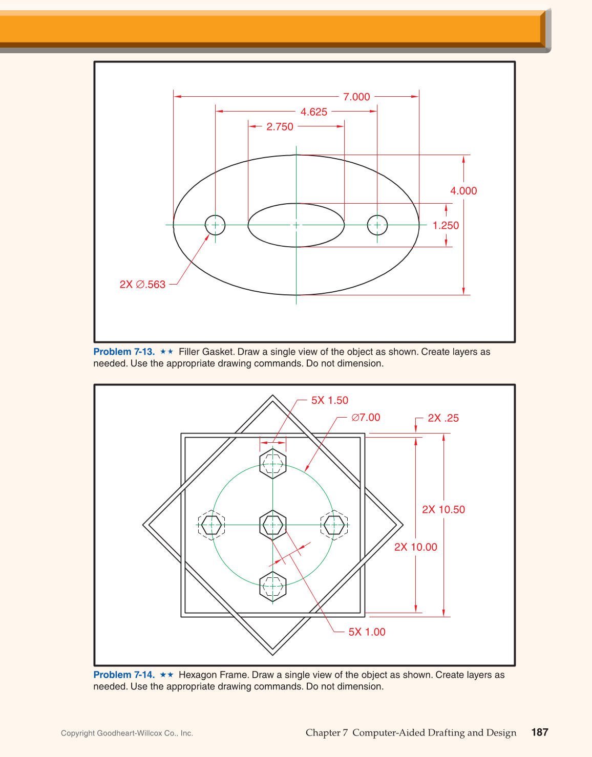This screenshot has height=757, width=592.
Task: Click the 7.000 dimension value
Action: [356, 97]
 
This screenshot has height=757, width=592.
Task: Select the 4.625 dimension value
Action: [313, 112]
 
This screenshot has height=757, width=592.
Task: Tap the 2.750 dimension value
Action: [280, 126]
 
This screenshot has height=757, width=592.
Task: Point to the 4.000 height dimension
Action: [463, 191]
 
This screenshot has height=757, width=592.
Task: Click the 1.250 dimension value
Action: [446, 226]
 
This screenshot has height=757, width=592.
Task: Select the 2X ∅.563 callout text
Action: [142, 285]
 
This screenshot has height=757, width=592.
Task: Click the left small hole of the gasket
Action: [215, 225]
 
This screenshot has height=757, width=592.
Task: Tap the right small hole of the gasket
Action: [377, 225]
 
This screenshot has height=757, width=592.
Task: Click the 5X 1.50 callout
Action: [329, 400]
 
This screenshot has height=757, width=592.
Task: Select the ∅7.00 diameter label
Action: [366, 418]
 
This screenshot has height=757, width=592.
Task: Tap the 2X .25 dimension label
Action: [443, 418]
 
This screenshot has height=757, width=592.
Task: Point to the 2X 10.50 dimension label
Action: [443, 510]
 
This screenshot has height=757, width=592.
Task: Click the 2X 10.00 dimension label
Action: [415, 547]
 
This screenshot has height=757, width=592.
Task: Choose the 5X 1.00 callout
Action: [367, 632]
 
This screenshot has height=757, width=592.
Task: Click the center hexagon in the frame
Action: [272, 525]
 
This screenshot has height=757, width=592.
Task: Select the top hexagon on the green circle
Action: [272, 464]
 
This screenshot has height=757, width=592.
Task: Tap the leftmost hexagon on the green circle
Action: [211, 525]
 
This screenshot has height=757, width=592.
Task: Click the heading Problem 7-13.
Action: [124, 352]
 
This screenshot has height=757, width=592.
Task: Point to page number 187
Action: [539, 732]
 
